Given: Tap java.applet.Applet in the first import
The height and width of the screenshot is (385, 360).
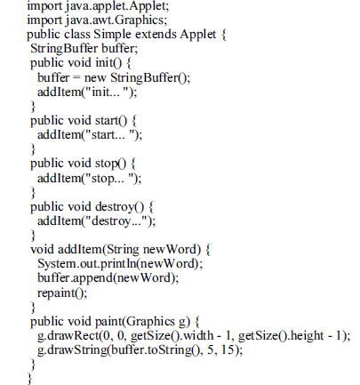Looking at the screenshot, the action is pyautogui.click(x=117, y=6).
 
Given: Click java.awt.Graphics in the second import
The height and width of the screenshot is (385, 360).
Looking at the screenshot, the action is pyautogui.click(x=116, y=20).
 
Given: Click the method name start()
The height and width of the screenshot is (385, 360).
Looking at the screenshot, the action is pyautogui.click(x=111, y=121).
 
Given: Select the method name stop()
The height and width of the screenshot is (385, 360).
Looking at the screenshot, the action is pyautogui.click(x=110, y=164).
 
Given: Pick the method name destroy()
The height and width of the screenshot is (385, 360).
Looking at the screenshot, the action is pyautogui.click(x=119, y=207).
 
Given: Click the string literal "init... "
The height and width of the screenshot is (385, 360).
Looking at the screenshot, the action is pyautogui.click(x=108, y=92).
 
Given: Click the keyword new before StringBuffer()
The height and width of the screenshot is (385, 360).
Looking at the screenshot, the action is pyautogui.click(x=95, y=78).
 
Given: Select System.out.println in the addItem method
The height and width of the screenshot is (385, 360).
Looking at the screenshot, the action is pyautogui.click(x=87, y=264).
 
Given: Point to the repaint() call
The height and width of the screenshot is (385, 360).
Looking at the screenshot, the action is pyautogui.click(x=60, y=293).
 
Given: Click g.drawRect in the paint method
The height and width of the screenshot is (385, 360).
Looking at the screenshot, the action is pyautogui.click(x=68, y=336).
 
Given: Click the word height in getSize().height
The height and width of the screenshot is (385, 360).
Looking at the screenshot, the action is pyautogui.click(x=308, y=336).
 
